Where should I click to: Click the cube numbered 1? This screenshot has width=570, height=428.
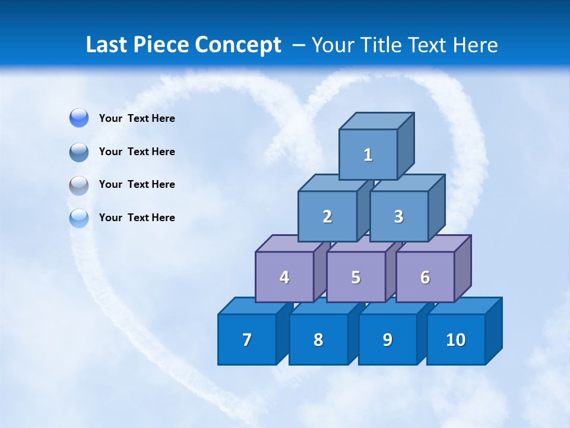[368, 155]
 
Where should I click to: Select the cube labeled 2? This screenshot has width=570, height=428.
[327, 216]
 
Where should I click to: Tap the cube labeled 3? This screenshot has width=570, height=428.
[398, 216]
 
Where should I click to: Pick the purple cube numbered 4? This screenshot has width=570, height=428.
[284, 277]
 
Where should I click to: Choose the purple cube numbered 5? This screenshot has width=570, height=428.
[356, 277]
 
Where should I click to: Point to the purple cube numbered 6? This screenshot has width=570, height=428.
[425, 277]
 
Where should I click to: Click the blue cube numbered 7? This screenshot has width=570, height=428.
[247, 339]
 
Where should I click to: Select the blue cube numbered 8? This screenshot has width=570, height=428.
[318, 339]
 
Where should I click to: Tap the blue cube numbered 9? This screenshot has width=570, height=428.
[387, 339]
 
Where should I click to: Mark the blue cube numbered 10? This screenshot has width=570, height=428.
[455, 339]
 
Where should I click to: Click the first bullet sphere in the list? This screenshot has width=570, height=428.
[79, 118]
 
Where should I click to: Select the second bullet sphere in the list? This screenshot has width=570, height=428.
[79, 152]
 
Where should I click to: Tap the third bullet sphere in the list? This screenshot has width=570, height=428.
[79, 185]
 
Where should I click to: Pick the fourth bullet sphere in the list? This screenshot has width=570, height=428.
[79, 218]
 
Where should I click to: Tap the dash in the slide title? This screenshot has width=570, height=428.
[300, 45]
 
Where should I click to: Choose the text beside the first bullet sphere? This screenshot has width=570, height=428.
[137, 118]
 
